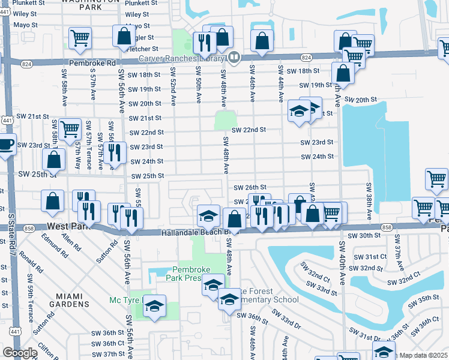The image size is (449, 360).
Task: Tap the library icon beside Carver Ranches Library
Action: [x=234, y=58]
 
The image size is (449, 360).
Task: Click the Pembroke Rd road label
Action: [x=91, y=62]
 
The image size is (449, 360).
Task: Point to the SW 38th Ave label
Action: [x=367, y=198]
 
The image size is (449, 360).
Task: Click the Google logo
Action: [x=20, y=353]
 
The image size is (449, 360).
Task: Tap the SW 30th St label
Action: [x=367, y=236]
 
